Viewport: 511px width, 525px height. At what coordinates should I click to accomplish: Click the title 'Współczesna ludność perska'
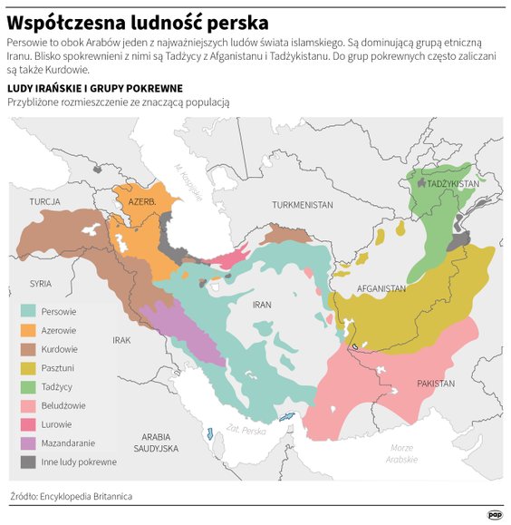point(137,20)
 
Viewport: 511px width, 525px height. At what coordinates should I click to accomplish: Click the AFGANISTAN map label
point(381,288)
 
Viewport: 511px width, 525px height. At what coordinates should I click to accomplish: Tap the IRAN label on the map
point(262,305)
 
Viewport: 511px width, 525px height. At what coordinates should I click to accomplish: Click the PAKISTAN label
point(436,384)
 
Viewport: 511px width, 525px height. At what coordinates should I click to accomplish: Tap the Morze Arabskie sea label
point(401,453)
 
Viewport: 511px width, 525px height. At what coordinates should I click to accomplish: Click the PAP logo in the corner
point(495,513)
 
